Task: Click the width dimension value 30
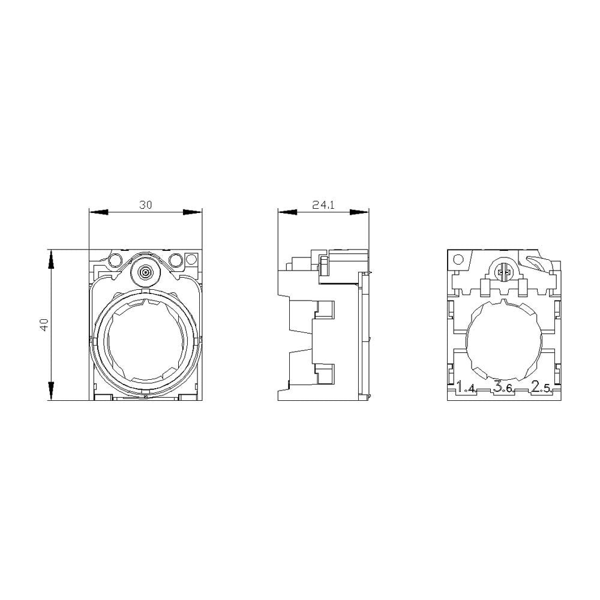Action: coord(146,205)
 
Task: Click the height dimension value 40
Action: coord(44,325)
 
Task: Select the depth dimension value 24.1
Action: coord(323,205)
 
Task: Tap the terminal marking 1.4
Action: coord(466,388)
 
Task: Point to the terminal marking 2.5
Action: coord(541,388)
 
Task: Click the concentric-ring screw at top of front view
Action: coord(145,272)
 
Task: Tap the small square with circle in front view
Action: coord(191,259)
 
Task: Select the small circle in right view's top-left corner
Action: coord(458,259)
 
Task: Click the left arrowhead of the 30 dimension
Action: coord(98,212)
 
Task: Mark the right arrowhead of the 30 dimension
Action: coord(193,212)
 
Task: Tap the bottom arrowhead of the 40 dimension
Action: coord(52,391)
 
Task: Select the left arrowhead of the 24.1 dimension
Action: coord(287,212)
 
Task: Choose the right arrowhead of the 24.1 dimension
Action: coord(359,212)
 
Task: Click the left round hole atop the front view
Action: coord(115,260)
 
